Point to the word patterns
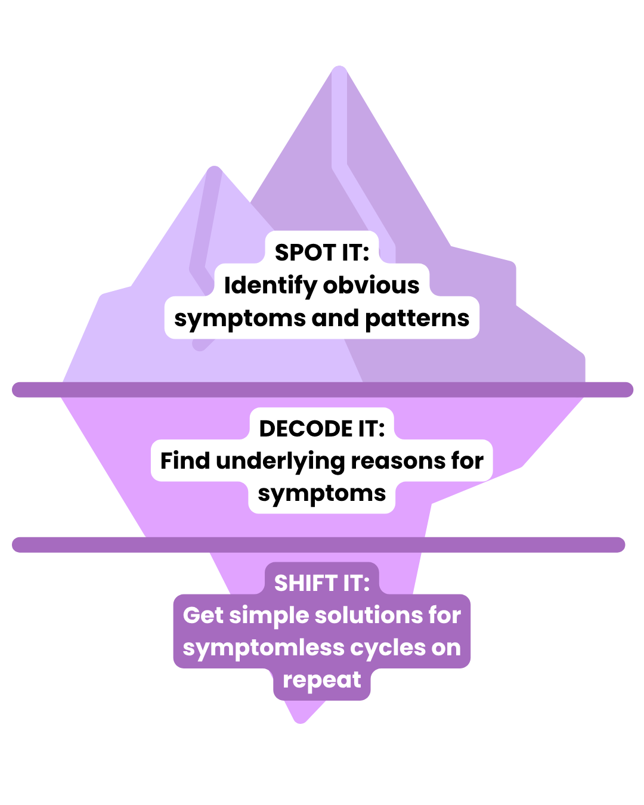click(x=417, y=318)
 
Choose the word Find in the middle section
click(x=185, y=461)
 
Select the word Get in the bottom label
click(x=203, y=615)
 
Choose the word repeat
click(x=322, y=680)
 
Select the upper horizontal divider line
click(x=322, y=389)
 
